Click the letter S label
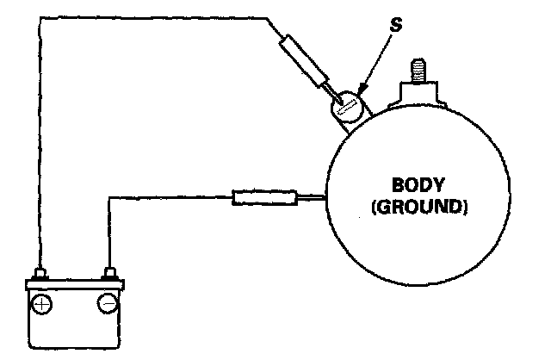point(396,27)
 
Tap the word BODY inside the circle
point(416,186)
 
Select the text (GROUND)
point(416,208)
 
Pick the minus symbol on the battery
point(108,303)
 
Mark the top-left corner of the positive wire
point(40,16)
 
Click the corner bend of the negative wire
point(109,200)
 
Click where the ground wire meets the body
point(325,199)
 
